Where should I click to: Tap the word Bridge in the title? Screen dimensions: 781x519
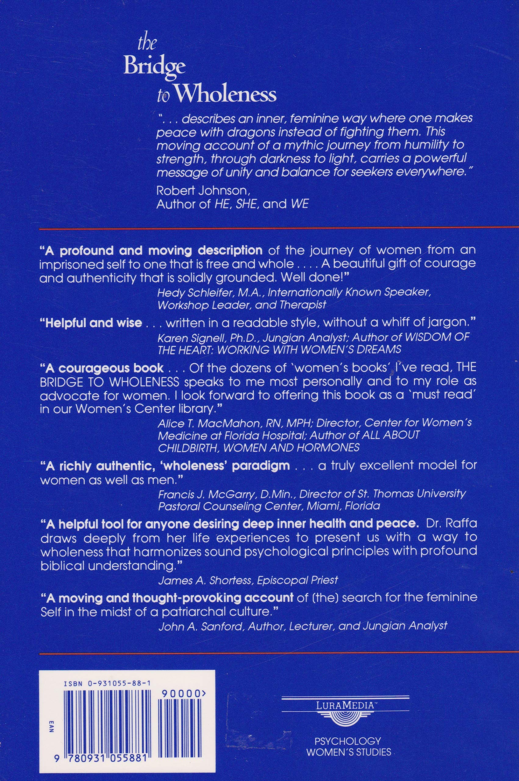point(154,66)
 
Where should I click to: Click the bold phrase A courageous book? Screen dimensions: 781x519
point(102,368)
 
